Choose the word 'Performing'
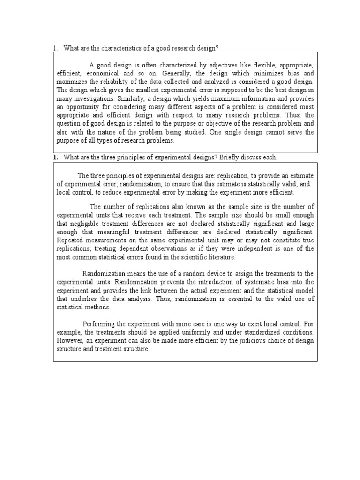pyautogui.click(x=99, y=324)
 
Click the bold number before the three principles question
pyautogui.click(x=55, y=157)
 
